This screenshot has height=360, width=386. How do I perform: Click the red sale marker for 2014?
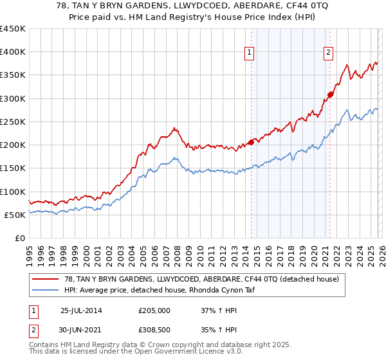(x=251, y=143)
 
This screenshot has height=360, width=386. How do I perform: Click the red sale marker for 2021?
(x=330, y=94)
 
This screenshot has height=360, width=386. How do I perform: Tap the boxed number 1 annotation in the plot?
(x=248, y=53)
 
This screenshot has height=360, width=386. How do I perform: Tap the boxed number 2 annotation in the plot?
(x=328, y=53)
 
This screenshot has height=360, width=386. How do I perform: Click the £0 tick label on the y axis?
(x=20, y=238)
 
